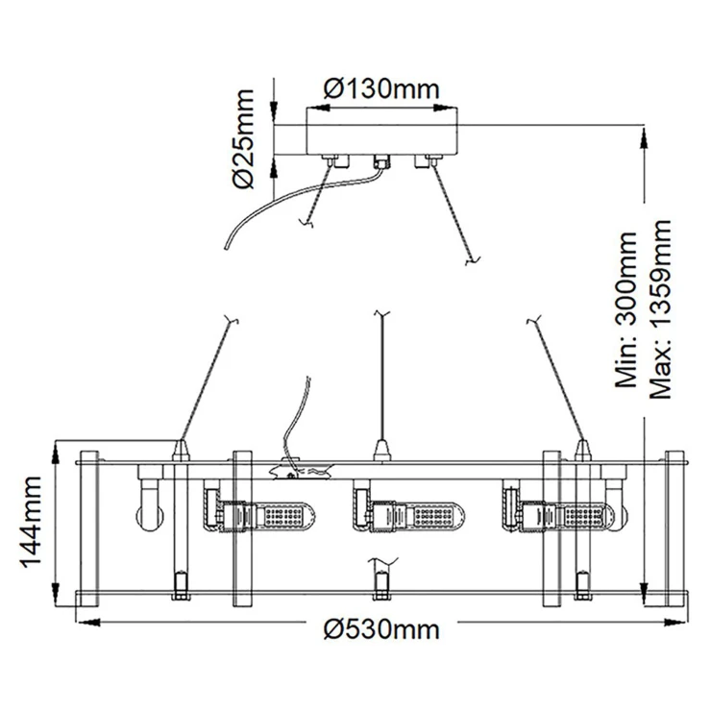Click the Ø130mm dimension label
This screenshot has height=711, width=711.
pyautogui.click(x=381, y=89)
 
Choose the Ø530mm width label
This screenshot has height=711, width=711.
pyautogui.click(x=381, y=630)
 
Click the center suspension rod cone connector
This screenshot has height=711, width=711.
pyautogui.click(x=381, y=448)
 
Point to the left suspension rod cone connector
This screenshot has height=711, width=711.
pyautogui.click(x=180, y=448)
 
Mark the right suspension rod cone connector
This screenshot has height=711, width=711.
pyautogui.click(x=582, y=448)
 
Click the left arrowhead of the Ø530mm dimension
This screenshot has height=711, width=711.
pyautogui.click(x=83, y=625)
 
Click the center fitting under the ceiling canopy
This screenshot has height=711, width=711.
pyautogui.click(x=380, y=161)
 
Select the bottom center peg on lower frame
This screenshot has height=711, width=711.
pyautogui.click(x=381, y=581)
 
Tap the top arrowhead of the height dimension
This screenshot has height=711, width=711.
pyautogui.click(x=644, y=134)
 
